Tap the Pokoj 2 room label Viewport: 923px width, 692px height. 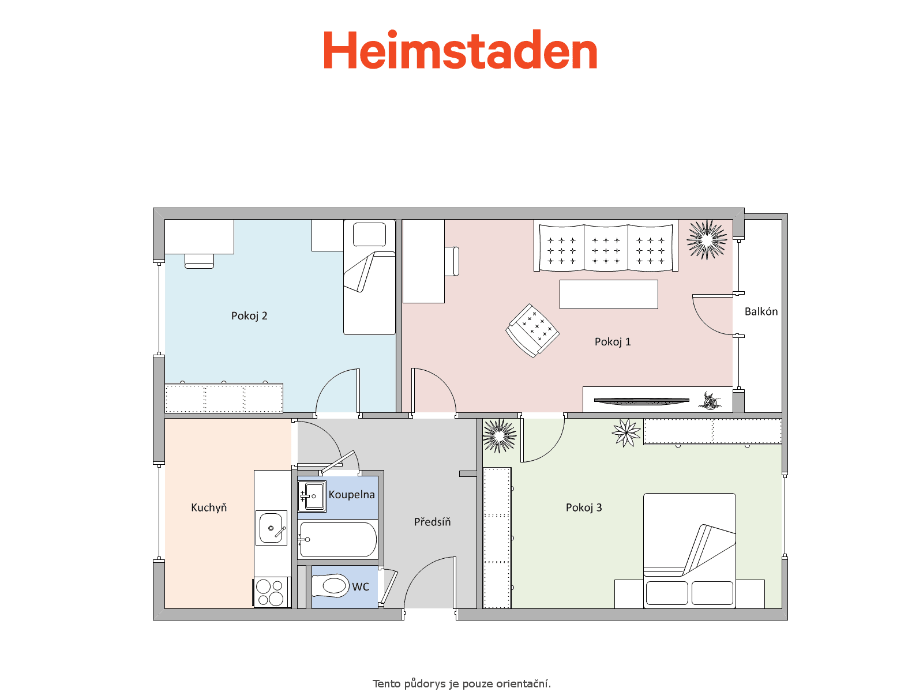tap(249, 316)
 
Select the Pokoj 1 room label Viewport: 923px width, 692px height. tap(612, 342)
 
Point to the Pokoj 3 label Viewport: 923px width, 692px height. tap(584, 507)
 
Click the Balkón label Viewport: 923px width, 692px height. tap(761, 311)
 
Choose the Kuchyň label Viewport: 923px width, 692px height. tap(209, 507)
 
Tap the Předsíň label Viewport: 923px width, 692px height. tap(432, 522)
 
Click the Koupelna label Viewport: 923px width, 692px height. tap(351, 495)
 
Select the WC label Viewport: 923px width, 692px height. tap(361, 587)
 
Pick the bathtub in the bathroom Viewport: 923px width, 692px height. tap(338, 540)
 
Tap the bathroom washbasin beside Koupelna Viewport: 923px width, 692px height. tap(312, 496)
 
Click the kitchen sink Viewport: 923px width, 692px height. tap(271, 528)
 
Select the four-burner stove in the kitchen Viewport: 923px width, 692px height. tap(271, 592)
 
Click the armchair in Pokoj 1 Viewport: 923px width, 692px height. tap(532, 330)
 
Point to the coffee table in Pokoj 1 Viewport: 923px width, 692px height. tap(609, 295)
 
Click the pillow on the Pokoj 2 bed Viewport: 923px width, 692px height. tap(369, 235)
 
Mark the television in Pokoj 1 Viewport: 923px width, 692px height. tap(641, 401)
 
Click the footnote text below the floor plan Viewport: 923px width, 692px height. tap(461, 684)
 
